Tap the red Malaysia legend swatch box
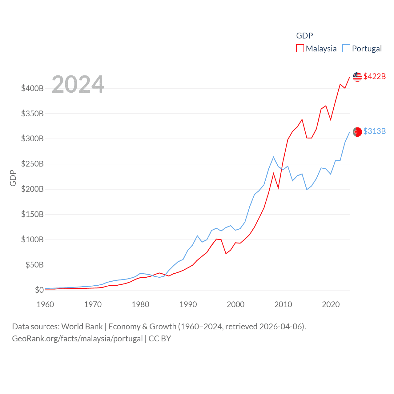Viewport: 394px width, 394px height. tap(300, 49)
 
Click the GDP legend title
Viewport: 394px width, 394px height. tap(304, 36)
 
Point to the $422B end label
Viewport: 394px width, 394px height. tap(374, 76)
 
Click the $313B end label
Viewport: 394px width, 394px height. tap(374, 131)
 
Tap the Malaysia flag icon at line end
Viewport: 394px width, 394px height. tap(357, 77)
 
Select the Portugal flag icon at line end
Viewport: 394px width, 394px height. tap(357, 132)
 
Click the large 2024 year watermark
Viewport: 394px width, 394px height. tap(78, 84)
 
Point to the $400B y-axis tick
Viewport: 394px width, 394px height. tap(32, 89)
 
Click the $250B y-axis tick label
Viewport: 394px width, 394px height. tap(32, 164)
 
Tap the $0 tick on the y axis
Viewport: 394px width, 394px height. tap(39, 290)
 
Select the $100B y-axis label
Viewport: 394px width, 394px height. tap(32, 239)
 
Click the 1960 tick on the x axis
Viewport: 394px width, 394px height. tap(45, 304)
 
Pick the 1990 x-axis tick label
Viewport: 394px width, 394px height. tap(188, 304)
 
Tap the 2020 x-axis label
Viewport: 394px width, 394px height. tap(331, 304)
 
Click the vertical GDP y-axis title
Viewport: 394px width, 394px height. tap(13, 178)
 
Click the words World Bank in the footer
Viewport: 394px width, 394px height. tap(82, 327)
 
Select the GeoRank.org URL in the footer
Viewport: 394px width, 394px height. tap(77, 339)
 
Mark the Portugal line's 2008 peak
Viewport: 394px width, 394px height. tap(273, 157)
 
